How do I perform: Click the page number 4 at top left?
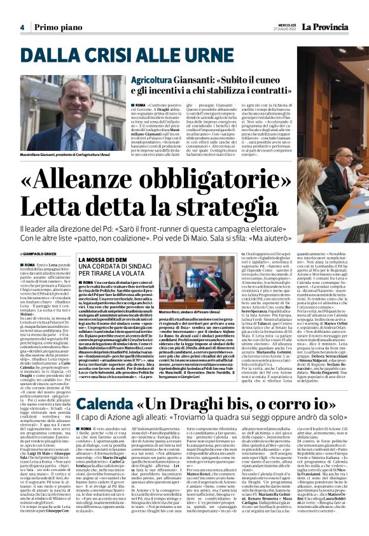click(x=22, y=27)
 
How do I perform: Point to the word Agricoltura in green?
click(x=151, y=80)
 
